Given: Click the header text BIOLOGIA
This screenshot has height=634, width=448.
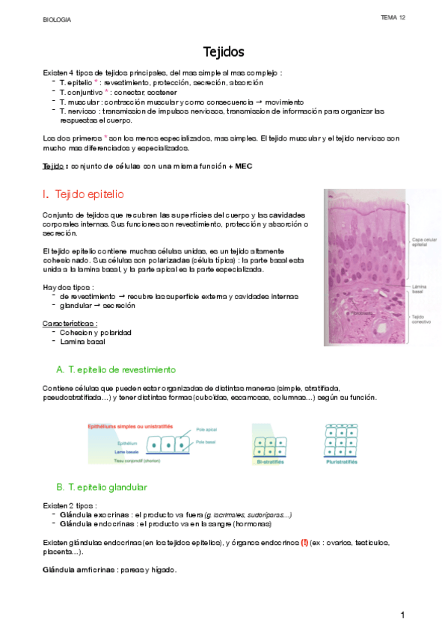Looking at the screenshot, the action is pos(56,19).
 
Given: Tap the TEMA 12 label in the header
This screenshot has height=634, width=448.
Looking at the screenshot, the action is pos(393,17).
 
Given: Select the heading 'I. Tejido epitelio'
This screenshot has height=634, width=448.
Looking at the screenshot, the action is pos(84,194).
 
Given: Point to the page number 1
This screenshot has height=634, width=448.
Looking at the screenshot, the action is pos(402,615).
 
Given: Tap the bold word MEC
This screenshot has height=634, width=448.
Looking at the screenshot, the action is pos(244,167).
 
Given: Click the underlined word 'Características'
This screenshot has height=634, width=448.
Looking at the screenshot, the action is pos(70,323).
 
